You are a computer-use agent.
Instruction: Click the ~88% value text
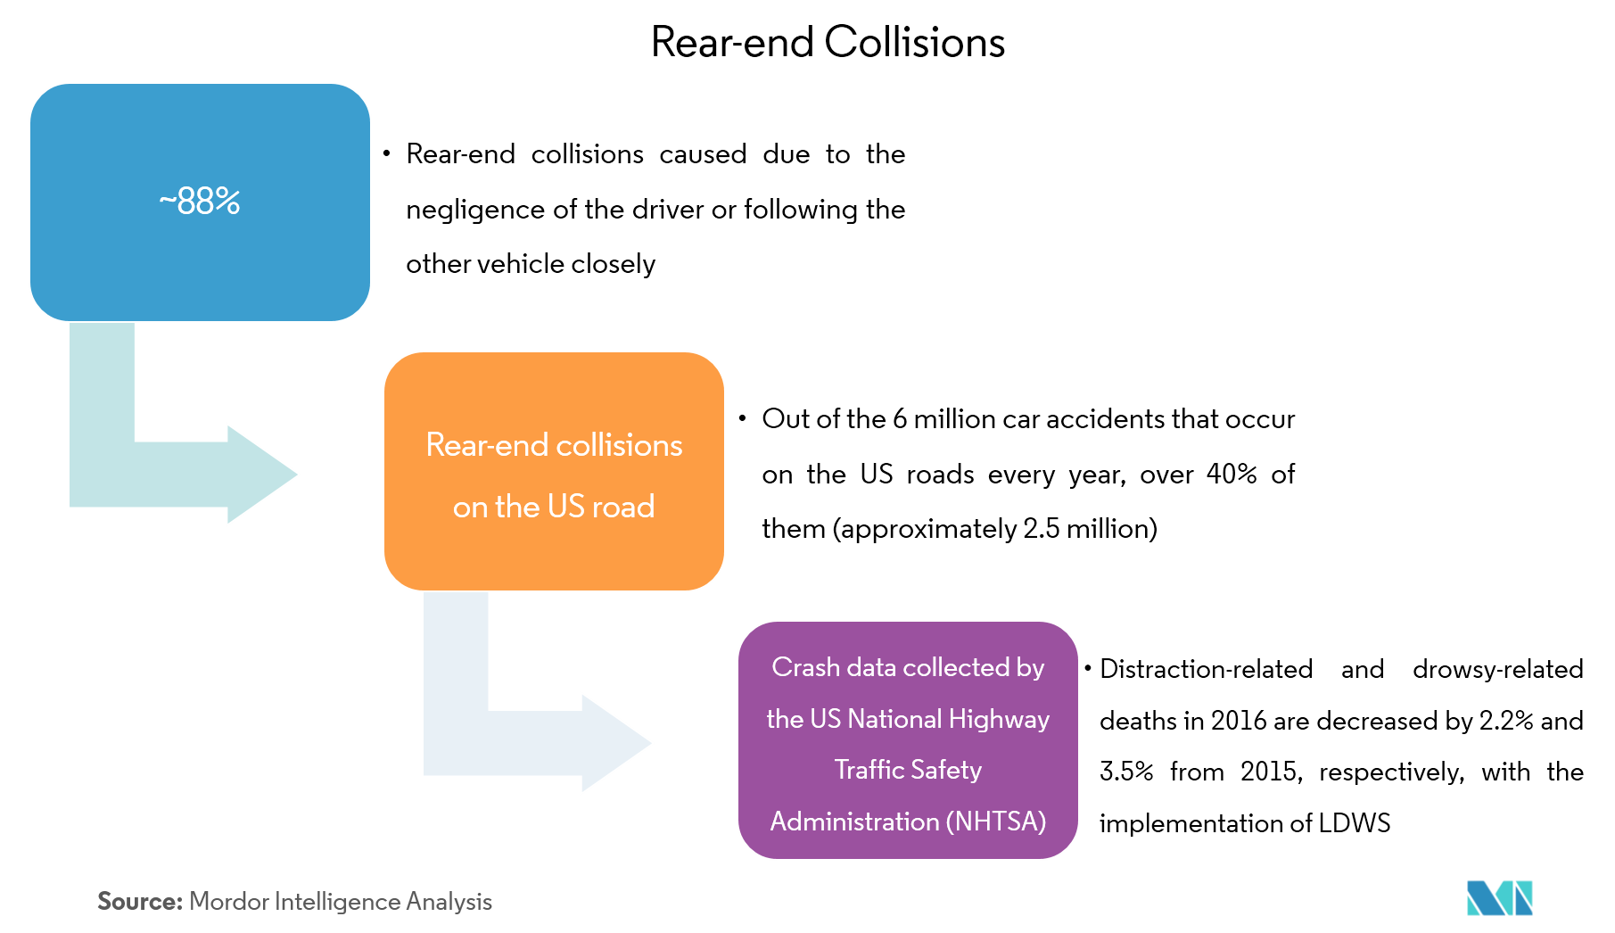(200, 202)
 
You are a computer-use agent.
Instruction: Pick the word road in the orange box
(623, 507)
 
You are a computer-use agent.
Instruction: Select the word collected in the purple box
(950, 667)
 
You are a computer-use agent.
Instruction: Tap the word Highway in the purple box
(999, 719)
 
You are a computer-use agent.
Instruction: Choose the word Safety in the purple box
(946, 770)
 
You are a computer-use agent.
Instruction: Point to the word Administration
(854, 822)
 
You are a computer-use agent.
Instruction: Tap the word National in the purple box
(894, 719)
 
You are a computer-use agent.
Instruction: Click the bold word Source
(139, 902)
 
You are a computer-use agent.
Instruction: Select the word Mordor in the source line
(229, 902)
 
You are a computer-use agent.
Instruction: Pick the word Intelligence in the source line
(338, 902)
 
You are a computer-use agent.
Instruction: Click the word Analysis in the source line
(449, 902)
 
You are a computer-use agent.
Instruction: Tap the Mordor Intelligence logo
(1499, 898)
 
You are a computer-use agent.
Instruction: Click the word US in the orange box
(565, 507)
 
